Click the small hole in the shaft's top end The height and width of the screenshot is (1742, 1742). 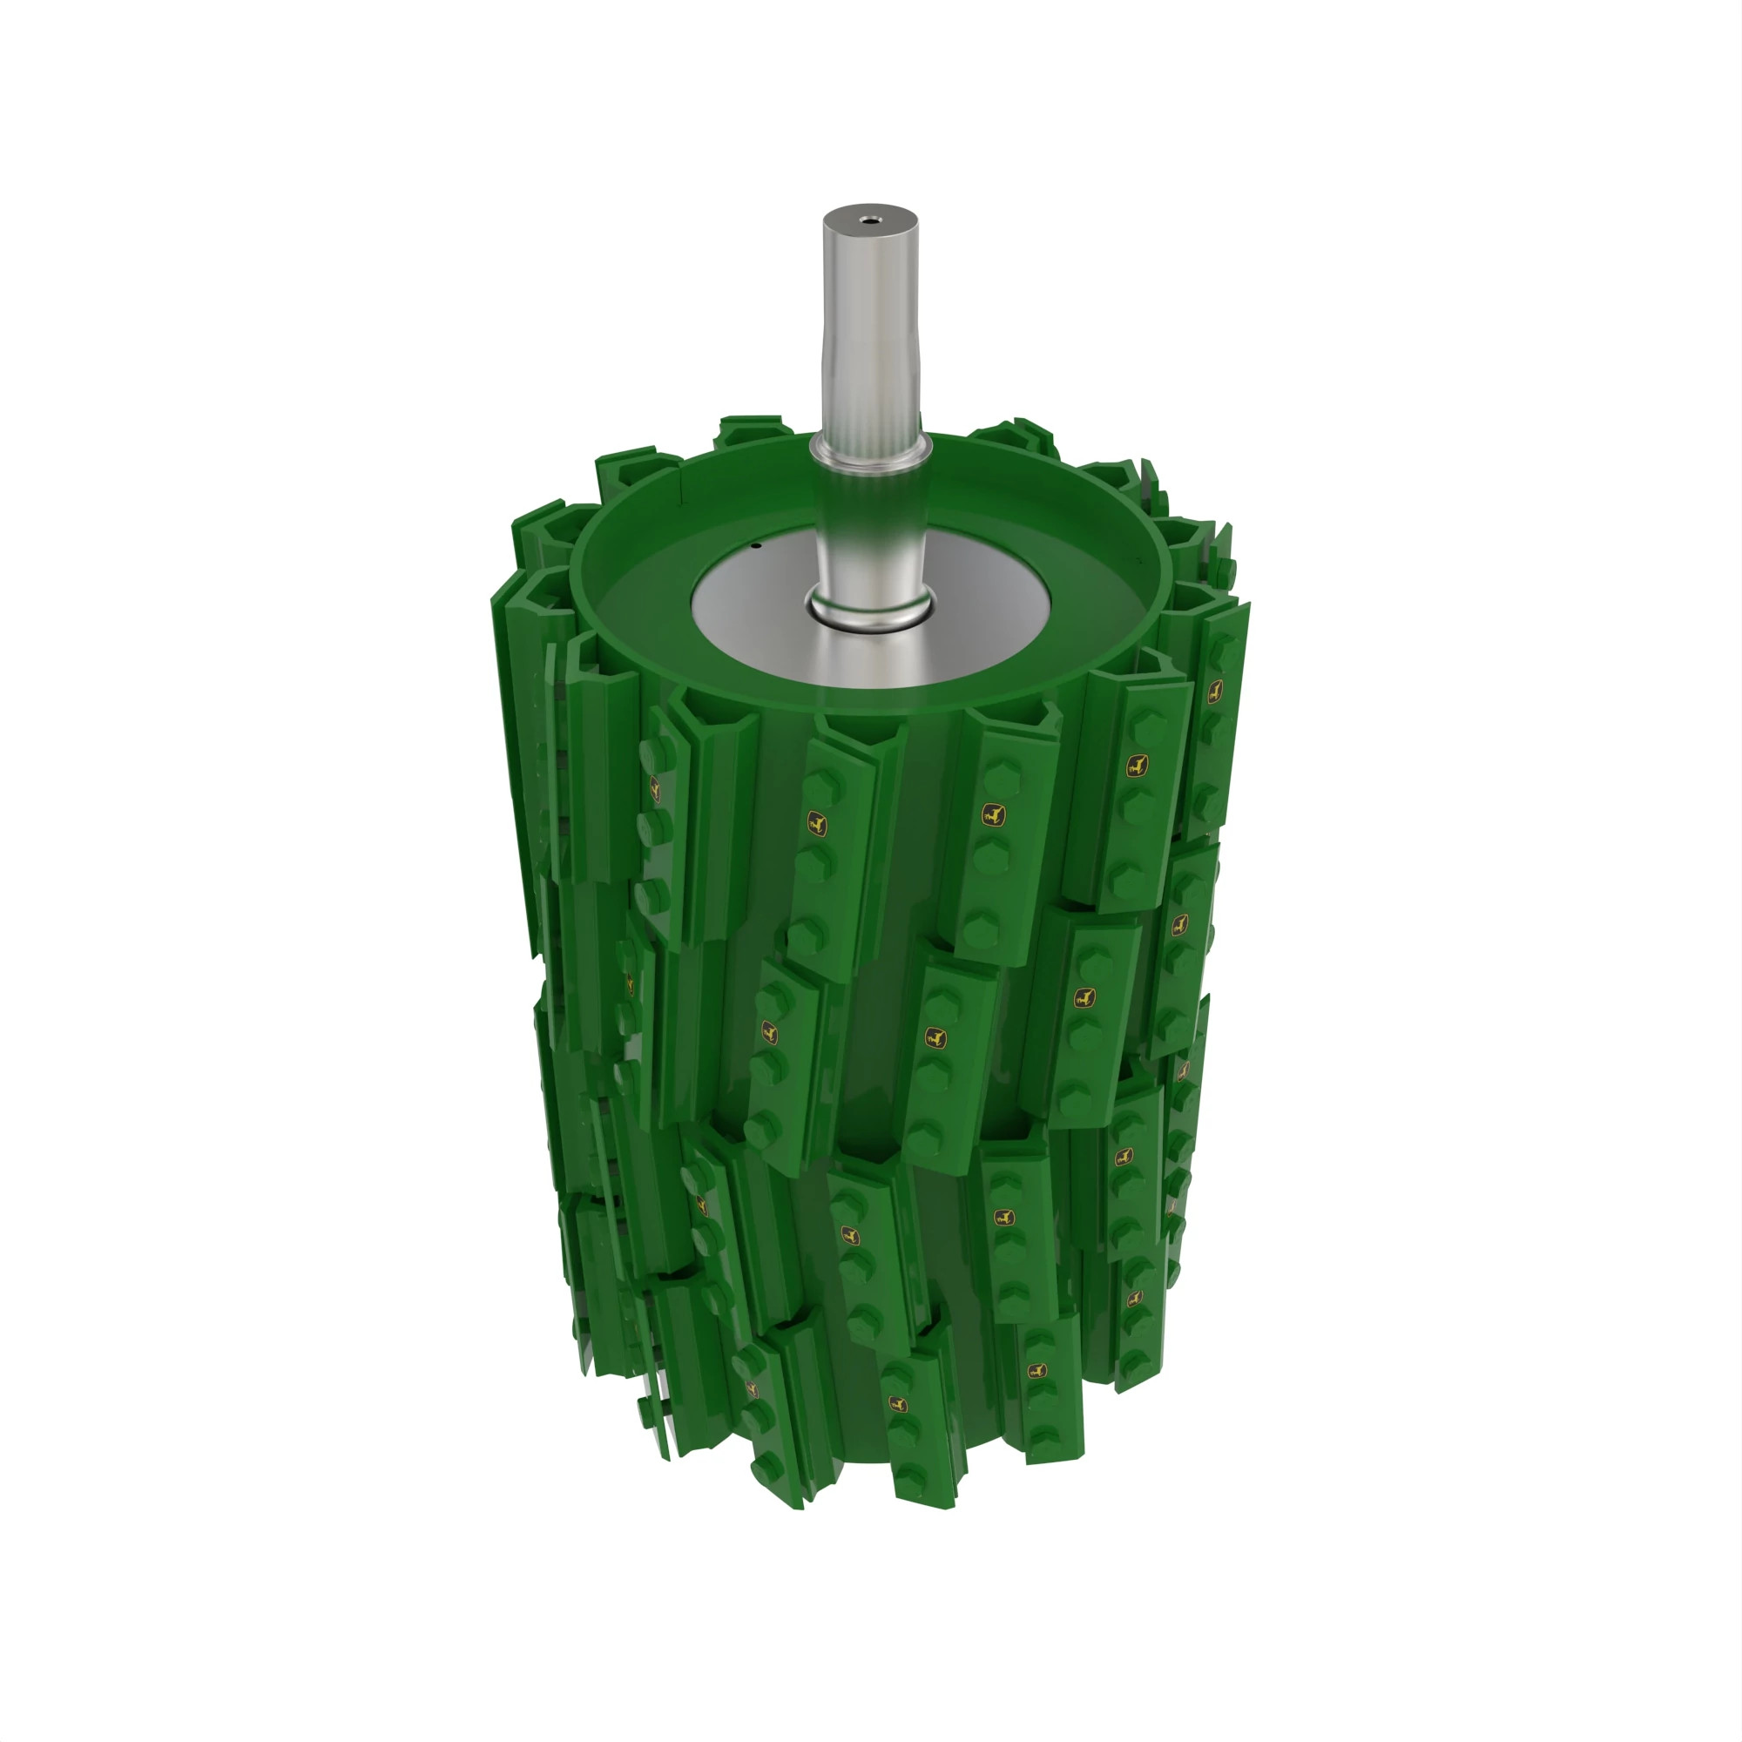pos(869,217)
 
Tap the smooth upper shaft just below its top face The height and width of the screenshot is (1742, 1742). pos(869,261)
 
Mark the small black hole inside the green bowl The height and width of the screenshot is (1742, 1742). pos(757,545)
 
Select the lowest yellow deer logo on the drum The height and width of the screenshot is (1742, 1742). pos(896,1404)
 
